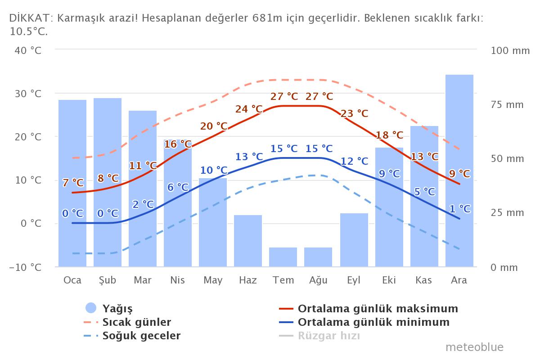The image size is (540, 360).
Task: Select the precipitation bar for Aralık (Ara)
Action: tap(459, 171)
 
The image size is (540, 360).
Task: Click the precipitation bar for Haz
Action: tap(248, 241)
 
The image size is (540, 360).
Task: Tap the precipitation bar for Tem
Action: tap(283, 257)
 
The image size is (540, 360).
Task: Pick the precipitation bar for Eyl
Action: tap(354, 240)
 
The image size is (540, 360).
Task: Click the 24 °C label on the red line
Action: tap(249, 109)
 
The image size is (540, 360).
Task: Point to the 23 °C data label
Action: tap(354, 113)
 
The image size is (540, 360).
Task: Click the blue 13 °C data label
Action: tap(249, 157)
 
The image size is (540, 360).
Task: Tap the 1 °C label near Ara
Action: tap(460, 209)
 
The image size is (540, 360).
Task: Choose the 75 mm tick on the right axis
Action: tap(507, 105)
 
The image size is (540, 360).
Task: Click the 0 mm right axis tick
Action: tap(504, 267)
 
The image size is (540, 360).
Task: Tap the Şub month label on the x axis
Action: tap(108, 280)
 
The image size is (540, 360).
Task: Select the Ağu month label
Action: tap(318, 280)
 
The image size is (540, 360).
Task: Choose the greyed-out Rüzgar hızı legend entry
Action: tap(328, 336)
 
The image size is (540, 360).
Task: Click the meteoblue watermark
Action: tap(474, 347)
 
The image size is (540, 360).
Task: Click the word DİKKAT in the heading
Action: tap(29, 18)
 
